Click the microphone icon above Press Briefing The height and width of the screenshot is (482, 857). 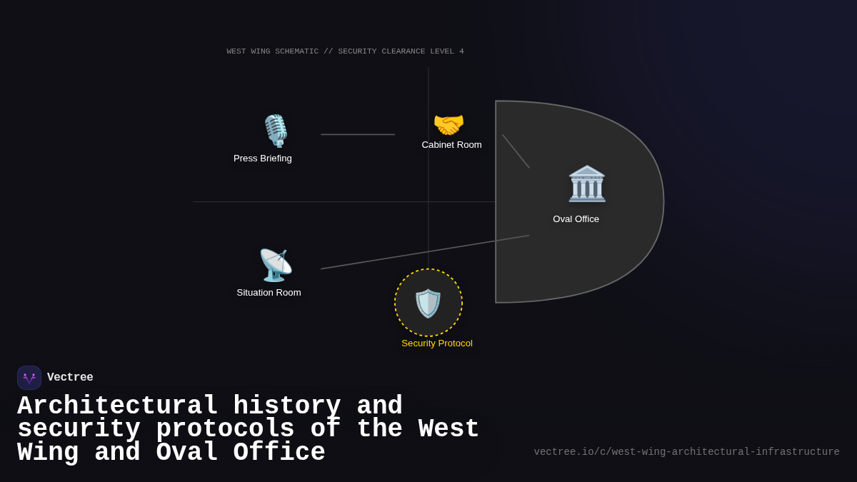tap(276, 131)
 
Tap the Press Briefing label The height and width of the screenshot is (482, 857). tap(263, 159)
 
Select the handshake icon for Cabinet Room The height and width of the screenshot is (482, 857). tap(448, 125)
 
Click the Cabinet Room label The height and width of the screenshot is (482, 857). tap(451, 145)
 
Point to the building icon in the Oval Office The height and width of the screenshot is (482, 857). tap(586, 184)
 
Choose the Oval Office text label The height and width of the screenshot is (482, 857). tap(576, 219)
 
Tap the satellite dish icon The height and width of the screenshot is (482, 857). tap(275, 265)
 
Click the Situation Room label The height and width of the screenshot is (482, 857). tap(269, 293)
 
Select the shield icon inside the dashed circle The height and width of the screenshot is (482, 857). tap(428, 303)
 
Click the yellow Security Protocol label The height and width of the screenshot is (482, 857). tap(437, 343)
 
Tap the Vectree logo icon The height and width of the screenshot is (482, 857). tap(29, 378)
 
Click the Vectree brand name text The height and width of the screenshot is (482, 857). tap(70, 378)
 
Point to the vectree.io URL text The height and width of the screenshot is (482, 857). tap(686, 452)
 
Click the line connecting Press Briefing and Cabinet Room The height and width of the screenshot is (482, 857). tap(357, 134)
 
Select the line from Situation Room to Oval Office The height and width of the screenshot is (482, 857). tap(425, 252)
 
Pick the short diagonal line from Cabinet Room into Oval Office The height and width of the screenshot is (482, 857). tap(516, 151)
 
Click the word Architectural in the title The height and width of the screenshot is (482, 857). tap(118, 406)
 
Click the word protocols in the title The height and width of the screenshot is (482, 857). tap(225, 429)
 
